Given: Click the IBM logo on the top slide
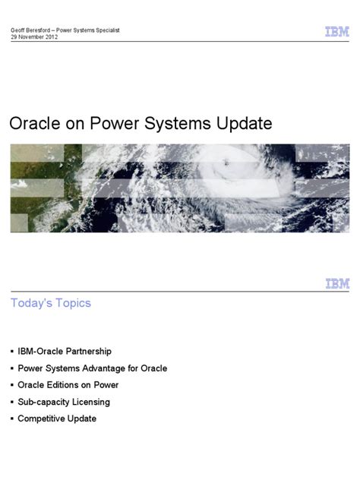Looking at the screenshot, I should [x=337, y=32].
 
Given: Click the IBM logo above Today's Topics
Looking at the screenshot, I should [x=337, y=283].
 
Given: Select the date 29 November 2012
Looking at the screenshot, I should [x=33, y=37].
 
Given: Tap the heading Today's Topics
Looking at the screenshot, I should [x=50, y=303].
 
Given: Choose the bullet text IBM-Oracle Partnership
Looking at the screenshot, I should [x=65, y=351].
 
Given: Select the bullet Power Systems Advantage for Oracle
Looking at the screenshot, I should [x=92, y=368].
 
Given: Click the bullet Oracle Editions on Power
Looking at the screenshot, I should [x=68, y=384].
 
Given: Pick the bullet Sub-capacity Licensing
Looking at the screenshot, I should [x=64, y=401].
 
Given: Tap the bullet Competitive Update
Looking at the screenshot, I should [x=57, y=418].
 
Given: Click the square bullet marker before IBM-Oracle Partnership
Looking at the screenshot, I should [x=12, y=352].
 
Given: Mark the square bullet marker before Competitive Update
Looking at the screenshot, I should [x=12, y=419].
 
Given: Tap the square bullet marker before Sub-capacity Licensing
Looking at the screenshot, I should [x=12, y=402].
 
